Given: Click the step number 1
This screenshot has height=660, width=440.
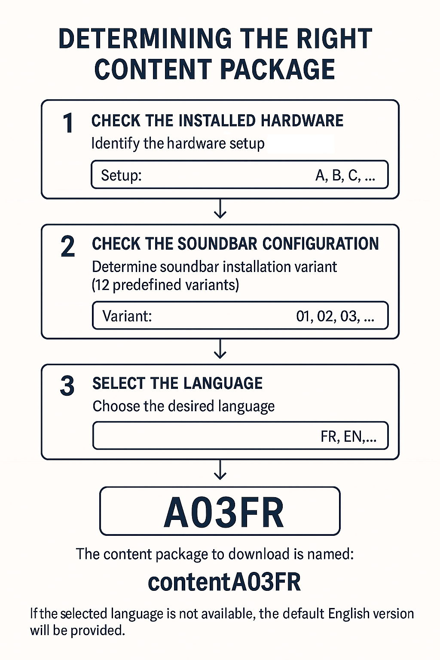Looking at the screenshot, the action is [68, 123].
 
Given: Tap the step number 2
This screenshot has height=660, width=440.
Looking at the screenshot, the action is [67, 247].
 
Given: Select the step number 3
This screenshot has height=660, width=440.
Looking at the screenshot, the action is [67, 386].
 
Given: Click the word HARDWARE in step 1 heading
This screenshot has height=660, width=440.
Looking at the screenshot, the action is [302, 120].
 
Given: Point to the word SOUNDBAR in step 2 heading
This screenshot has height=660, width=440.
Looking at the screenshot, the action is [217, 244].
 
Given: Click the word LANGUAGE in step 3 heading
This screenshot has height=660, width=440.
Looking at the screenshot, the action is [223, 383].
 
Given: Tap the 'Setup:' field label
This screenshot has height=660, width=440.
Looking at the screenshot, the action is [122, 175].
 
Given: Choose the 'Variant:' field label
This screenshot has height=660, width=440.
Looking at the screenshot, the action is [127, 316].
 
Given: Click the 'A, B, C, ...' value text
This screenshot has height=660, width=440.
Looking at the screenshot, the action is [345, 175].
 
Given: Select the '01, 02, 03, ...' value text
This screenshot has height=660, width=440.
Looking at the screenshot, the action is [335, 316].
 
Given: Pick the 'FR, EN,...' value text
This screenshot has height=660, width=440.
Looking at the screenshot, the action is [348, 437].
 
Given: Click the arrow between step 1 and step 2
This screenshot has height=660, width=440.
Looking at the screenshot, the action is [220, 209].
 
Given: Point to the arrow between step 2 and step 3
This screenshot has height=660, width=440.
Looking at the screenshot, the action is [220, 349].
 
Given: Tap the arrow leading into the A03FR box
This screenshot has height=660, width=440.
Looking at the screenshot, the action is [220, 470].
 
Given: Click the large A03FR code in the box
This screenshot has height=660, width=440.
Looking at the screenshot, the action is [224, 512].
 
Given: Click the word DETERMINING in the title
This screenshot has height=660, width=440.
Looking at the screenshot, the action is [145, 39].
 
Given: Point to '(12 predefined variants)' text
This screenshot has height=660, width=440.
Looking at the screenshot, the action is [165, 285].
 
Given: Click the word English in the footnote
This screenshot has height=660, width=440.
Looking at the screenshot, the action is [348, 614].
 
